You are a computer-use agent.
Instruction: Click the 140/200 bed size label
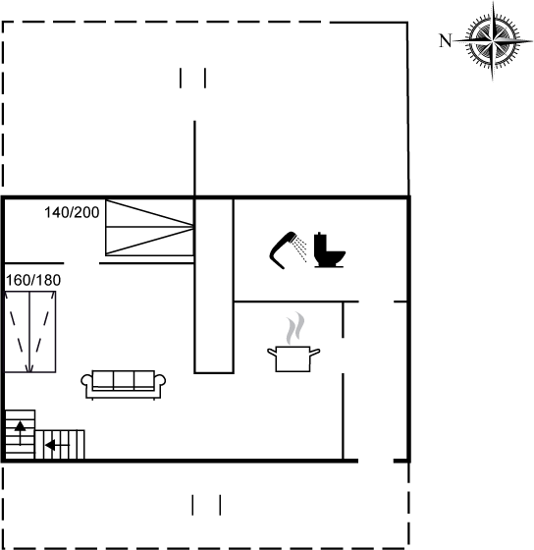point(72,212)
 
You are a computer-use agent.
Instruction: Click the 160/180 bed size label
point(33,280)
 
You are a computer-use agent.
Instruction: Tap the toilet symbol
point(329,249)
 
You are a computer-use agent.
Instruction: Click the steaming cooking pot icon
point(294,357)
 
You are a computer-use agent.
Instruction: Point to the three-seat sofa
point(124,385)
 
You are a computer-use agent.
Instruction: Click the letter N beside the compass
point(446,40)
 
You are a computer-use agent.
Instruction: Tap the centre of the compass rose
point(493,41)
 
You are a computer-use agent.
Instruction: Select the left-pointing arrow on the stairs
point(57,445)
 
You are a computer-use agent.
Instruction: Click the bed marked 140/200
point(150,227)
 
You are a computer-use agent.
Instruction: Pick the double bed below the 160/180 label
point(30,332)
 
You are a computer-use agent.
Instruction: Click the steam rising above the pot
point(295,328)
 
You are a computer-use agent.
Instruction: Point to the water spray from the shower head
point(300,248)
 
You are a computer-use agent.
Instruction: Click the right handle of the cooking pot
point(315,353)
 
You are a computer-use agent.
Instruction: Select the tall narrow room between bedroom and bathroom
point(214,286)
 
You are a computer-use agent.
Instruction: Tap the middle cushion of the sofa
point(124,380)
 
